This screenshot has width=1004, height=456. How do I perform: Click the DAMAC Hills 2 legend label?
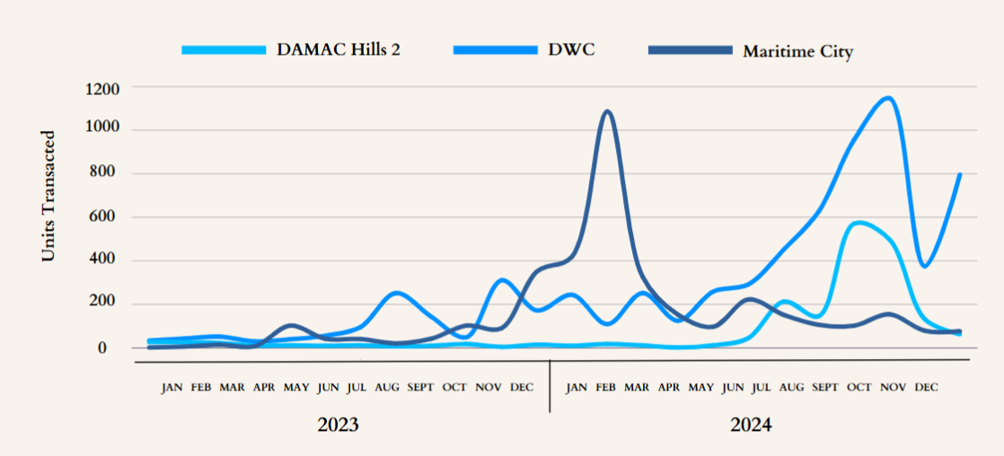tap(339, 48)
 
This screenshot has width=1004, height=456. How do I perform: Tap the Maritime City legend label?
tap(797, 51)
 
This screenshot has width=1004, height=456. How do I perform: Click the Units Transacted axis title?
tap(49, 197)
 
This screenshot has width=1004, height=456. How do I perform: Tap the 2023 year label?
tap(338, 425)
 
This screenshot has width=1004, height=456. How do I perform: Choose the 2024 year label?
tap(751, 425)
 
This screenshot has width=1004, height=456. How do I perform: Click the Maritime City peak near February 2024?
tap(608, 112)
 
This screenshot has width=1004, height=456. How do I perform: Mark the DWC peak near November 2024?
tap(888, 98)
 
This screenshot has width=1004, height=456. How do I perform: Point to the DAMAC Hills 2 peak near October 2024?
tap(859, 223)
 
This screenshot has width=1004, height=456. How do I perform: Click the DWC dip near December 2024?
tap(925, 266)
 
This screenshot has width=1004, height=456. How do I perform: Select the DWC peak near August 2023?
tap(396, 293)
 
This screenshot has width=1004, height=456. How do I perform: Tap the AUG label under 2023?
tap(388, 388)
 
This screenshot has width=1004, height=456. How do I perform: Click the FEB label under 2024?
tap(606, 388)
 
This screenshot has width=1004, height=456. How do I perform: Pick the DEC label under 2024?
tap(926, 388)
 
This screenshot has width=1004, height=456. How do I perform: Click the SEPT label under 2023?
tap(420, 388)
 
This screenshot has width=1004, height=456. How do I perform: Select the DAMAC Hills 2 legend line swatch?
tap(224, 49)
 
